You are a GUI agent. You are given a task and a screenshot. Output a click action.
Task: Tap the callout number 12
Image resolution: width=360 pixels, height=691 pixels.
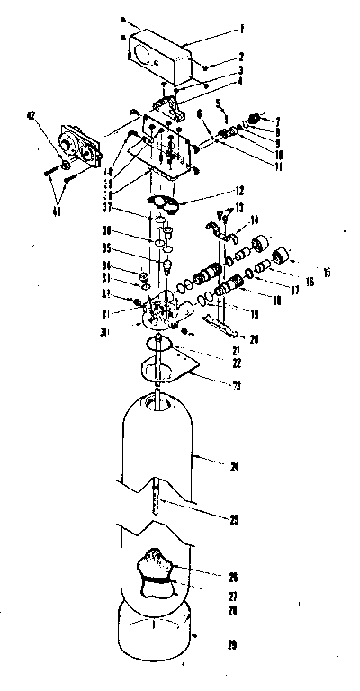click(x=238, y=192)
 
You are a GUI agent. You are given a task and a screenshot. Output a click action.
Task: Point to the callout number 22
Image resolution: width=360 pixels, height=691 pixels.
click(x=237, y=363)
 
